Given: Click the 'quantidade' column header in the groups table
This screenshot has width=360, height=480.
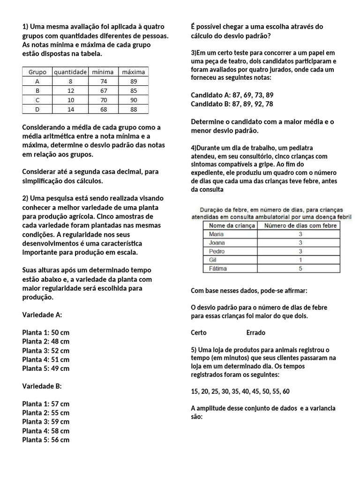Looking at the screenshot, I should [x=70, y=72].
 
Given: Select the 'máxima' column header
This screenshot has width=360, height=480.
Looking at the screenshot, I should [x=133, y=72].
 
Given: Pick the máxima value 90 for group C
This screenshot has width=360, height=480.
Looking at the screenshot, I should [x=133, y=100].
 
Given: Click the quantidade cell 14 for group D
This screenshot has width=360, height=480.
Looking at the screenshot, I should [x=70, y=109].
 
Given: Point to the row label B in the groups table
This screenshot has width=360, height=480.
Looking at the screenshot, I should [x=37, y=90].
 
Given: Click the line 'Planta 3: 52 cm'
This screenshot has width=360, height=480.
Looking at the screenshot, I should [x=45, y=351].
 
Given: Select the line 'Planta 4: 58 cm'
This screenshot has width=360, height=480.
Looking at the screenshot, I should [x=45, y=431].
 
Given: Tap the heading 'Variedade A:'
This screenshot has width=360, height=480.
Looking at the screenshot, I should [x=42, y=315].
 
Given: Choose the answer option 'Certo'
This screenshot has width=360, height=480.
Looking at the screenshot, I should [x=199, y=332].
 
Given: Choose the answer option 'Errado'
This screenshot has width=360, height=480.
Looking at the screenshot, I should [x=255, y=332].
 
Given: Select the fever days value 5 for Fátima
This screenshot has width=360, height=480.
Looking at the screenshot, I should [x=300, y=269].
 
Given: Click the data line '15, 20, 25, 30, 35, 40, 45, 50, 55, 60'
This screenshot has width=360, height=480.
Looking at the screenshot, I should [x=240, y=391].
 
